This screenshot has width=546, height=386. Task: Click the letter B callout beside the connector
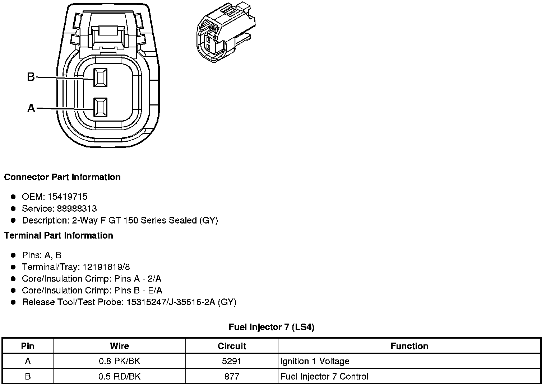tap(31, 77)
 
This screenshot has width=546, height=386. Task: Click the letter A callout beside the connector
tap(32, 108)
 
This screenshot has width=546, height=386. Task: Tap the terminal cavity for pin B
tap(100, 77)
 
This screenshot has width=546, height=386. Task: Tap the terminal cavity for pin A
tap(100, 107)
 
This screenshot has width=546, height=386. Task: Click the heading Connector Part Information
tap(62, 177)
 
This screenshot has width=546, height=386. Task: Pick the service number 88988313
tap(77, 208)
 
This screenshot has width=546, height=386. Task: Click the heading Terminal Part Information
tap(59, 235)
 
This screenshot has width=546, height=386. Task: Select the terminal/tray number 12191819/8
tap(106, 267)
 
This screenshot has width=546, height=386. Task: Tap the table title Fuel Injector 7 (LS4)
tap(272, 327)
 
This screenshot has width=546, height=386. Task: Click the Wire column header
tap(119, 346)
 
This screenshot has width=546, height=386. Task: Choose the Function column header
tap(409, 346)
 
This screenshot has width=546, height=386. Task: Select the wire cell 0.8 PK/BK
tap(119, 361)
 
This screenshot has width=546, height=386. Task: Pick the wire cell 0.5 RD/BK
tap(119, 376)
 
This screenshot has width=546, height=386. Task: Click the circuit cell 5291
tap(232, 361)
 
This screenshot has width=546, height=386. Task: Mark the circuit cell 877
tap(232, 376)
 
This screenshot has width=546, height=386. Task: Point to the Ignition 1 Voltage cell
tap(315, 361)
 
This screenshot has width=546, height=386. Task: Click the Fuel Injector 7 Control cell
tap(324, 376)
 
